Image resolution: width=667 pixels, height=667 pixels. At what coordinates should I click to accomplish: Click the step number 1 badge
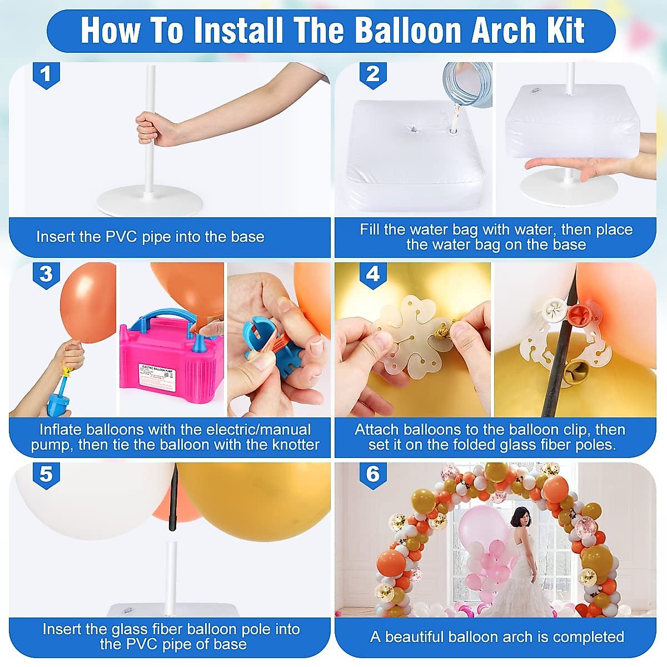point(46,74)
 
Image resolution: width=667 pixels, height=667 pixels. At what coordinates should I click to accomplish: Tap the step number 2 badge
point(372,74)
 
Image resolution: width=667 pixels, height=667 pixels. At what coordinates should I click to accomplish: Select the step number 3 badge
point(46,275)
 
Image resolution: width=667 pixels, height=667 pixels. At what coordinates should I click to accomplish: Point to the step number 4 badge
point(372,275)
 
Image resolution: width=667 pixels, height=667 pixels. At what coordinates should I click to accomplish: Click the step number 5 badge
point(46,475)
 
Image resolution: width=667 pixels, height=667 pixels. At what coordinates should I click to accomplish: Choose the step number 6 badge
point(372,475)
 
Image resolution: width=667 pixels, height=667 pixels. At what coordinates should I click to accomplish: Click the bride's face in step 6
point(522,519)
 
